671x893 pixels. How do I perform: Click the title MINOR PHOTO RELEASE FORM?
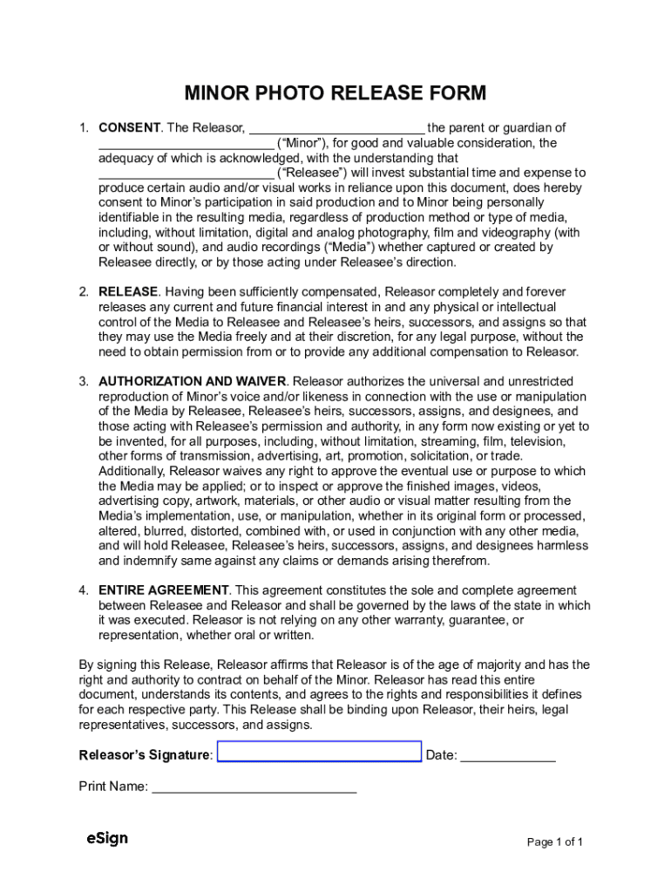point(335,93)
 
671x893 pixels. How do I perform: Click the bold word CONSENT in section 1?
point(129,127)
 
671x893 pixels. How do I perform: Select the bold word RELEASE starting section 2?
point(128,291)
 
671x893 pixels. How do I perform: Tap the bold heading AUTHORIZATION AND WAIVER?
point(192,381)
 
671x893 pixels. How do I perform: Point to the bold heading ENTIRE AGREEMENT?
point(164,590)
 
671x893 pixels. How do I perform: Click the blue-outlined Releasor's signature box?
point(319,752)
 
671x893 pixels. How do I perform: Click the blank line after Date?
point(507,754)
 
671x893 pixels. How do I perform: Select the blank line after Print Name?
point(254,787)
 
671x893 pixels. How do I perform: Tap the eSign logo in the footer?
point(107,838)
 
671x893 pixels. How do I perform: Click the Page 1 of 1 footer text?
point(554,842)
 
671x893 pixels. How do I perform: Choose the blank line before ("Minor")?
point(186,143)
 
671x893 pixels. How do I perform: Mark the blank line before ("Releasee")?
point(186,173)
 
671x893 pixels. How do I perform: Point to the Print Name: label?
point(113,787)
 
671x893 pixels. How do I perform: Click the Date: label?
point(441,755)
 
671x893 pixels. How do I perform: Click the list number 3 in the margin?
point(84,381)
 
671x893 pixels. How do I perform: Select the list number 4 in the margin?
point(84,590)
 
